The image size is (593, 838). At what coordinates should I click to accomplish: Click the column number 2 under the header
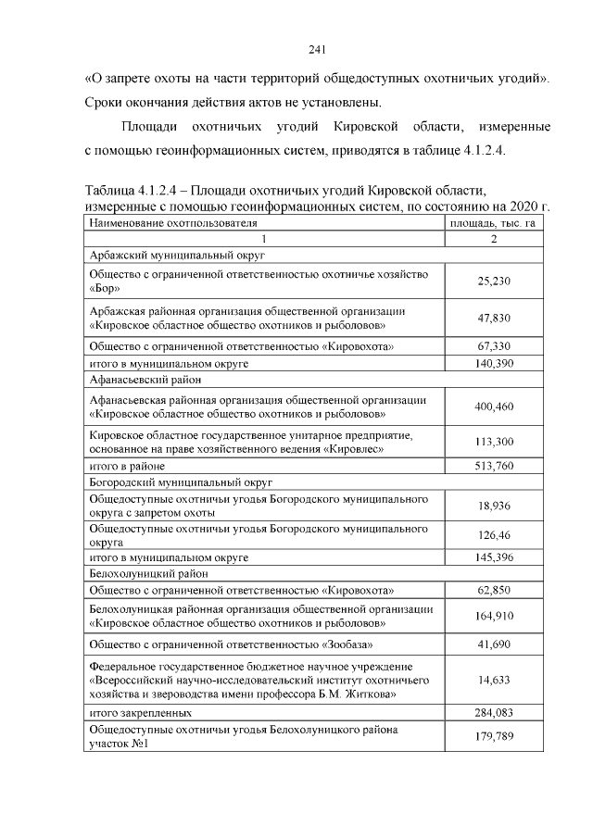tap(494, 239)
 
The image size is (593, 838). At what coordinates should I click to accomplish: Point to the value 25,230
tap(494, 281)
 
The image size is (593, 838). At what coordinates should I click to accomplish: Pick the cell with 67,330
tap(494, 346)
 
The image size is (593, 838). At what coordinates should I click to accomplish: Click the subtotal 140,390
tap(494, 363)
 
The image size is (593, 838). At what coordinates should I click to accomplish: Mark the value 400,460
tap(494, 406)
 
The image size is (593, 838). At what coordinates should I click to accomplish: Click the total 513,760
tap(494, 466)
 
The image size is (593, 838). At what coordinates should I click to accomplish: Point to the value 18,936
tap(494, 507)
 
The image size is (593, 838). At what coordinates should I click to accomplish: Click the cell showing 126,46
tap(494, 535)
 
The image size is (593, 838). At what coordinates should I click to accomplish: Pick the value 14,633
tap(494, 679)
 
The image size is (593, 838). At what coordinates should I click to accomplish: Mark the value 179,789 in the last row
tap(494, 737)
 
